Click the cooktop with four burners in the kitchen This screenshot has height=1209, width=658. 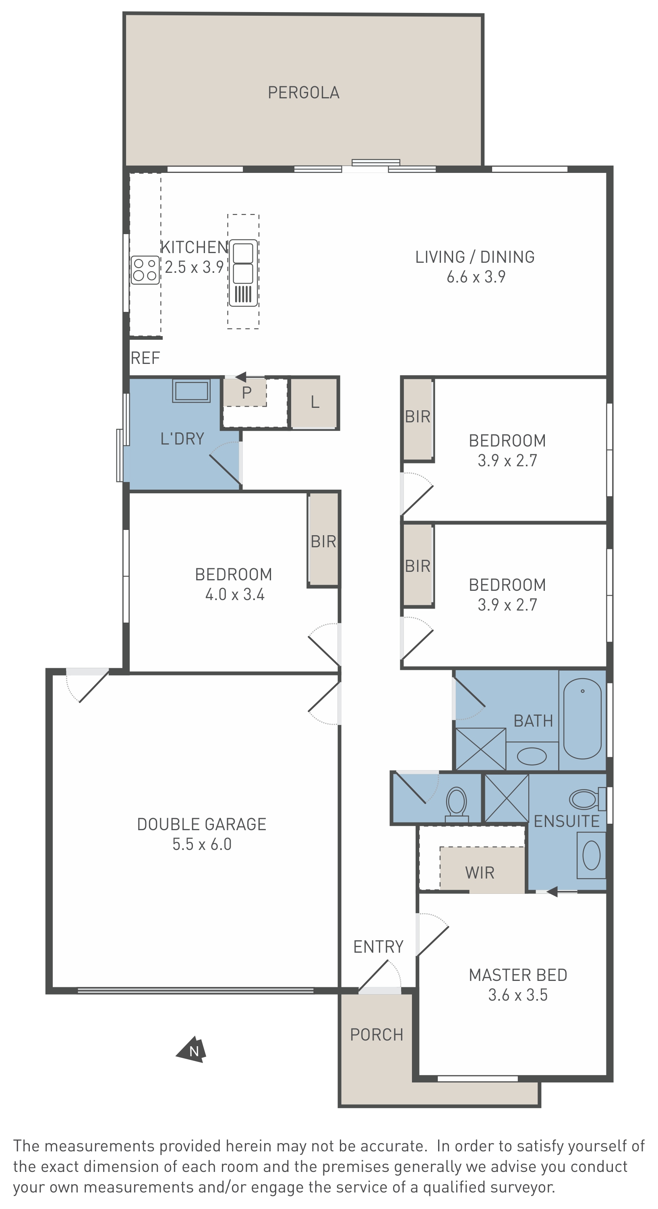click(145, 270)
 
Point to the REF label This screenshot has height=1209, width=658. click(145, 358)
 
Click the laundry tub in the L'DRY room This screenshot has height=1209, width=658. click(191, 391)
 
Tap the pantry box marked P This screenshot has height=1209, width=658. click(245, 393)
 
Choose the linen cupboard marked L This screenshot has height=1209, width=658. click(314, 403)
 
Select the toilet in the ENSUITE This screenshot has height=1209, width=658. click(587, 799)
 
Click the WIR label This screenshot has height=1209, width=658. click(480, 872)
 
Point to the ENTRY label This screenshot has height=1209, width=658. click(379, 947)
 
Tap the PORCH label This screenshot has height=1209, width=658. click(377, 1035)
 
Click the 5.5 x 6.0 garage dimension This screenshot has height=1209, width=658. click(202, 844)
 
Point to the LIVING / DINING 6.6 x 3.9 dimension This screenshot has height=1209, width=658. click(476, 277)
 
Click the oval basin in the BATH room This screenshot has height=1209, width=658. click(532, 756)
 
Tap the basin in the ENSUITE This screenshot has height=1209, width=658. click(591, 856)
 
